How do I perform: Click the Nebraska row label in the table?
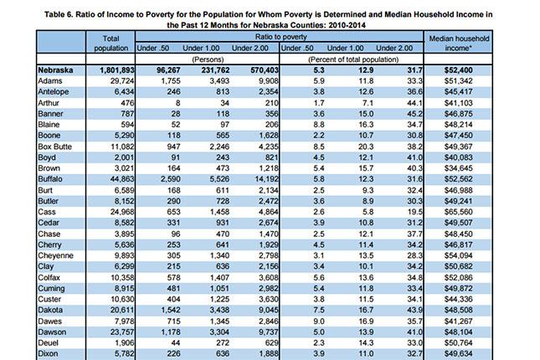point(55,70)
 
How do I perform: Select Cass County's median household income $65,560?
point(459,212)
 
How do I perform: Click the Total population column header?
point(111,44)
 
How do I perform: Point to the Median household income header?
point(459,43)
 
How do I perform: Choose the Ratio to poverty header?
point(281,37)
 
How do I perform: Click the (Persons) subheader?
point(208,59)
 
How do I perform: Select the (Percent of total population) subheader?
point(353,59)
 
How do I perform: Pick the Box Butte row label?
point(54,147)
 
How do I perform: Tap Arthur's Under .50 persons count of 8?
point(177,103)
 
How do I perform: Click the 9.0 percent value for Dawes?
point(319,321)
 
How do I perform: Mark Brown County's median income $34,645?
point(459,168)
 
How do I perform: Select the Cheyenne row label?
point(55,255)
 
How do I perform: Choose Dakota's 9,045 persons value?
point(268,310)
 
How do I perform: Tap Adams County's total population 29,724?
point(122,81)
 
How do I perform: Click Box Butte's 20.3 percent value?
point(366,147)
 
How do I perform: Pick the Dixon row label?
point(48,354)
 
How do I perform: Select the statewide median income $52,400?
point(459,70)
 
